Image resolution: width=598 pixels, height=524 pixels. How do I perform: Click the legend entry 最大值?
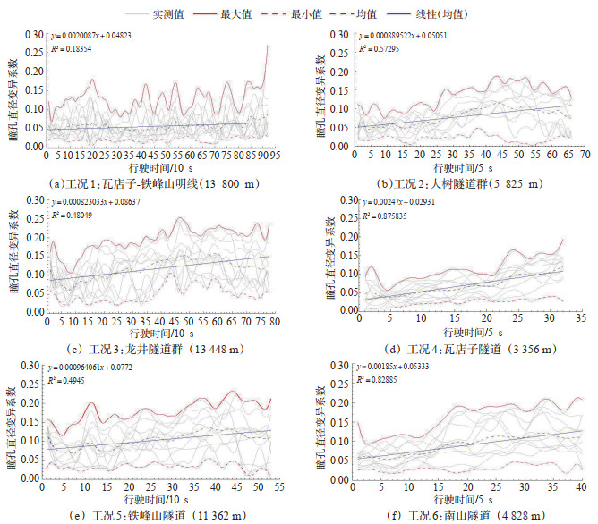pos(253,14)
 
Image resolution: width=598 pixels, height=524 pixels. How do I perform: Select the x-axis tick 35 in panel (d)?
pos(580,318)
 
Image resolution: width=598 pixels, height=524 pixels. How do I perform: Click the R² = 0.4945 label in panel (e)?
pos(68,379)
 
